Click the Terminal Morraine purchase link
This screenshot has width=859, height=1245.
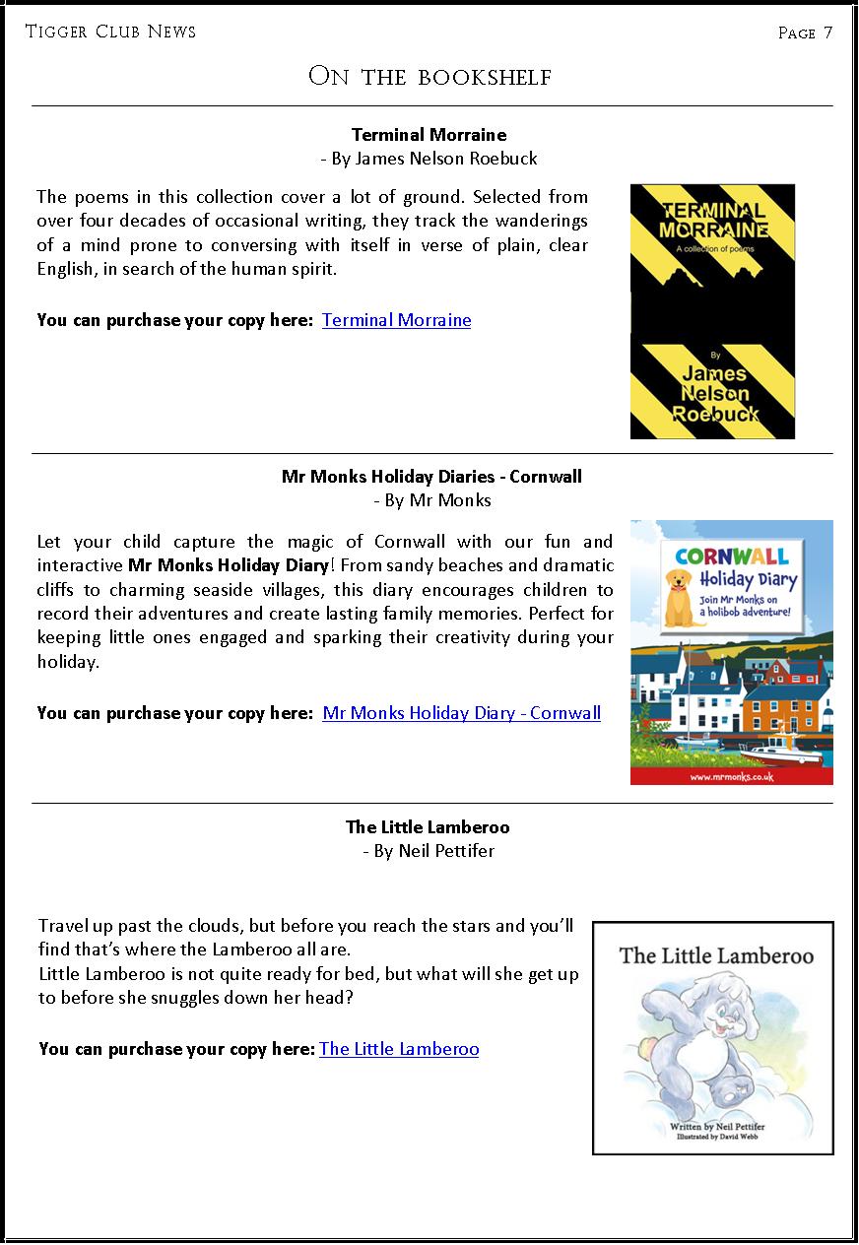396,320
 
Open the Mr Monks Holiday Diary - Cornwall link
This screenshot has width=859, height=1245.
461,713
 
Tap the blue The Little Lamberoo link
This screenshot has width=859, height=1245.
399,1049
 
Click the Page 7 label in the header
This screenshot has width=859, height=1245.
805,33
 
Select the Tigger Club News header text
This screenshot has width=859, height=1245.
110,32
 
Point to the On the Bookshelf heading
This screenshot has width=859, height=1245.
429,77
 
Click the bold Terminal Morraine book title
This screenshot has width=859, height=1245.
429,135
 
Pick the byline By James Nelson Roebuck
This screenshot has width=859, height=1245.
429,159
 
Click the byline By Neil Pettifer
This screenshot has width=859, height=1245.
429,851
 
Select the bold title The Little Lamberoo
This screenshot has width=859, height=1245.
428,827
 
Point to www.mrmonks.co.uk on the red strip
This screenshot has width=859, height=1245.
731,776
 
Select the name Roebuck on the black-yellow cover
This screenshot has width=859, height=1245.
713,414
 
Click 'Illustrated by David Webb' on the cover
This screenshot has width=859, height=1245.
717,1136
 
